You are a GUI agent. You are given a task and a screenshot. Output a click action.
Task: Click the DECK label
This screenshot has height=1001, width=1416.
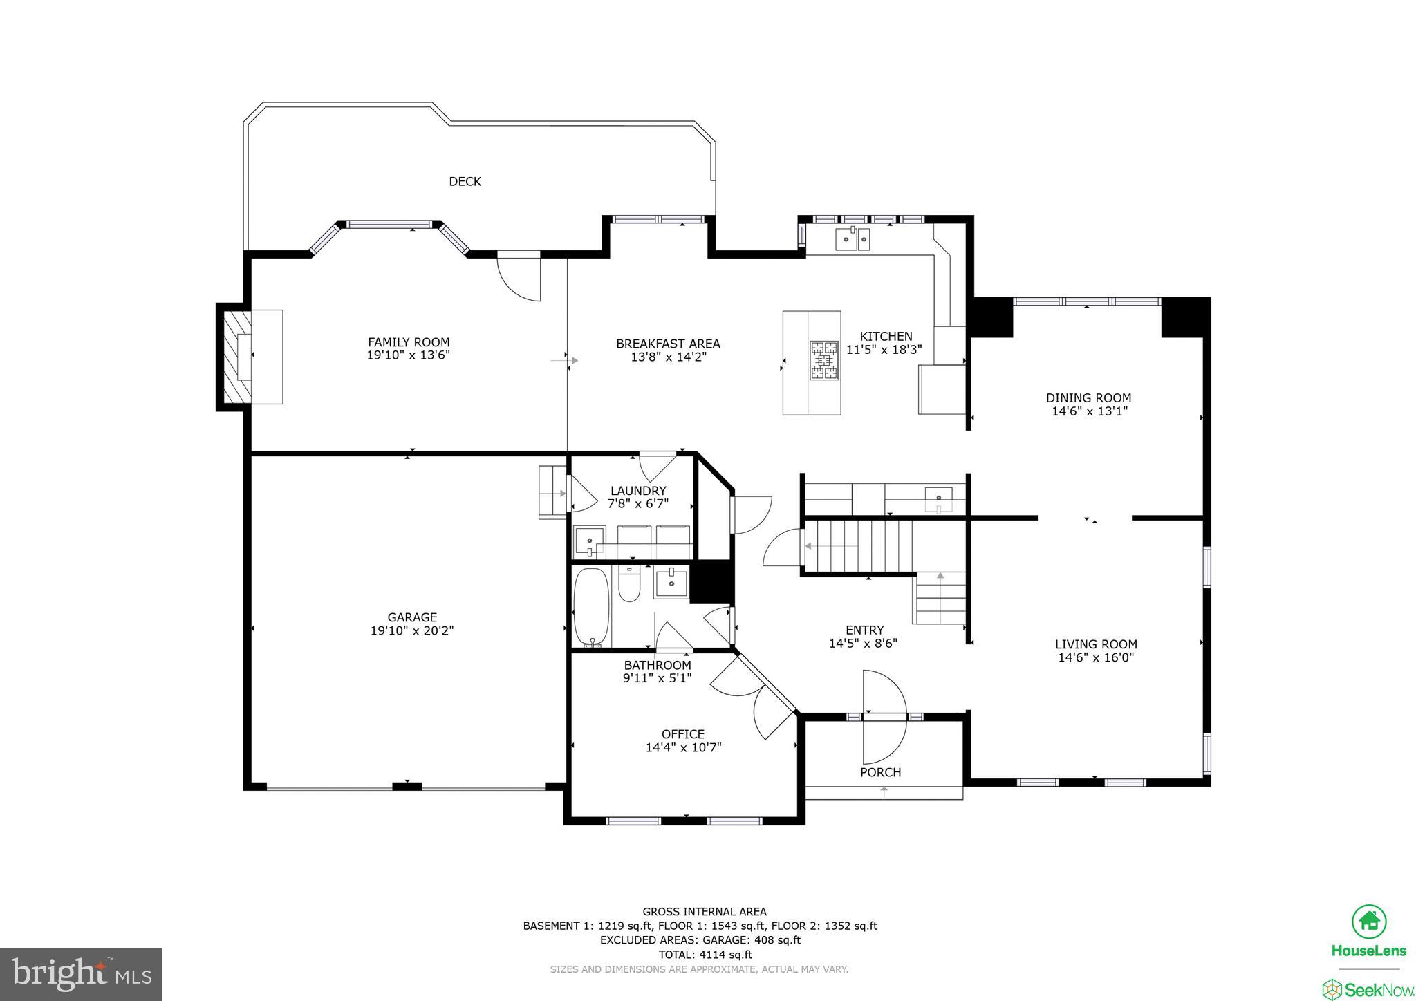click(465, 181)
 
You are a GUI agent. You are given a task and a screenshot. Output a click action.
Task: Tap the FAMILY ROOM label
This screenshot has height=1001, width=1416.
click(409, 342)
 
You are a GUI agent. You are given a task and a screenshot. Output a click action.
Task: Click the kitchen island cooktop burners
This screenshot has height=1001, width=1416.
click(824, 360)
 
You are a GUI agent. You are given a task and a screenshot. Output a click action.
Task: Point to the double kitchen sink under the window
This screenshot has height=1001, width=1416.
click(853, 239)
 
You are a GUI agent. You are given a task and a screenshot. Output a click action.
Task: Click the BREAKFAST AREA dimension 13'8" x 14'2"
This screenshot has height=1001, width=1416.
click(668, 357)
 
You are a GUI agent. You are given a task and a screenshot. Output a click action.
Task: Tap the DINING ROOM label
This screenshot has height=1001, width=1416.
click(1088, 398)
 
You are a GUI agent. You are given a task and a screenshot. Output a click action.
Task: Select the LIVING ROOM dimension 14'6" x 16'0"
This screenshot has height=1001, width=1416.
click(1096, 657)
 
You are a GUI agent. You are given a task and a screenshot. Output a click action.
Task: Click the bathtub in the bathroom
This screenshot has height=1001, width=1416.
click(590, 607)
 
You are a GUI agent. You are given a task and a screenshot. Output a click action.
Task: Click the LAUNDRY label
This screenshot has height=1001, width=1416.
click(637, 491)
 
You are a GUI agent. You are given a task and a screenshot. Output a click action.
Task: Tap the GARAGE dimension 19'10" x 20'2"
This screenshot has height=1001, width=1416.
click(412, 630)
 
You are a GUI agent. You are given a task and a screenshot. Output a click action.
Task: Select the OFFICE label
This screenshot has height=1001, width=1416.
click(683, 734)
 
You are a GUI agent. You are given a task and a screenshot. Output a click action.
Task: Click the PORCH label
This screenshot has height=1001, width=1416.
click(880, 772)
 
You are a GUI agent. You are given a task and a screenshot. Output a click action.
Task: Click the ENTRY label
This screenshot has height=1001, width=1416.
click(864, 630)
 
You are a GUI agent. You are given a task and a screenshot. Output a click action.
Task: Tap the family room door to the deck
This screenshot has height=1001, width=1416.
click(519, 277)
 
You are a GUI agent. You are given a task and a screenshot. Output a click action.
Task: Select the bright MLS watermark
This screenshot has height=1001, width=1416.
click(81, 974)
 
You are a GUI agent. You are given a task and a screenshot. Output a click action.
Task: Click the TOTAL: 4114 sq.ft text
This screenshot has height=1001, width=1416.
click(705, 955)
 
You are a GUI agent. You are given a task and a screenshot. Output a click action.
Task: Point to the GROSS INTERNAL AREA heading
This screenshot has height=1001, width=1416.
click(705, 911)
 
